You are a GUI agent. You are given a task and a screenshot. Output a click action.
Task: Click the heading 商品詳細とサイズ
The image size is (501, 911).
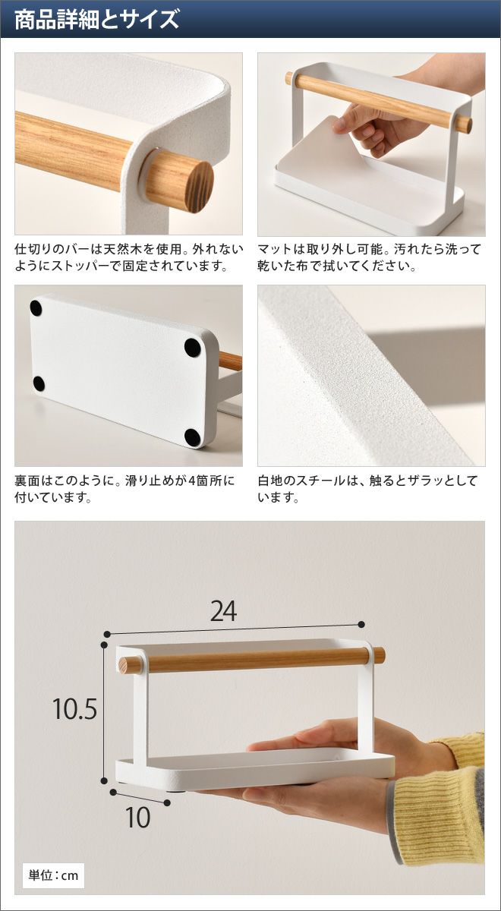(x=96, y=19)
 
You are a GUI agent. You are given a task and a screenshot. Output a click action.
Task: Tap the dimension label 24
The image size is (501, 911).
(x=223, y=611)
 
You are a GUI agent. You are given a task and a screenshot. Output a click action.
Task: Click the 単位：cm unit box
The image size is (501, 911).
(x=53, y=875)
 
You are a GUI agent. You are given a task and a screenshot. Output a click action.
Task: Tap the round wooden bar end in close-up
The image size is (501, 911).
(x=199, y=187)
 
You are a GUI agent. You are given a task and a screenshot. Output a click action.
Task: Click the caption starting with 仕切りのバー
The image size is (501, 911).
(x=129, y=257)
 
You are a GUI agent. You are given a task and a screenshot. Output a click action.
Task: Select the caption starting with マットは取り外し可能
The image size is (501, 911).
(x=369, y=257)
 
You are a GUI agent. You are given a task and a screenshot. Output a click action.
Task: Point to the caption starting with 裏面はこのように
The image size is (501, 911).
(x=124, y=489)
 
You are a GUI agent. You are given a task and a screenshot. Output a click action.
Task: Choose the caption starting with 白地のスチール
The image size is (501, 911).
(x=367, y=489)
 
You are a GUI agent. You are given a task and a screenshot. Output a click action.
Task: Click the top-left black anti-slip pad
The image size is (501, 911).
(x=36, y=308)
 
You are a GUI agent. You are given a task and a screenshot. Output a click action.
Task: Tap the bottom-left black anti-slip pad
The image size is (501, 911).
(x=39, y=383)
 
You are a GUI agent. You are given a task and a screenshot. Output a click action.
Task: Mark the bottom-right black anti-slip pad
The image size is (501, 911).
(x=192, y=437)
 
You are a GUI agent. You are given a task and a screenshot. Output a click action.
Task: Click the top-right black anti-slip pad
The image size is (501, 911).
(x=193, y=348)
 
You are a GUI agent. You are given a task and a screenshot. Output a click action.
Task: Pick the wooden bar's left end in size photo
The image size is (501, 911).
(x=124, y=665)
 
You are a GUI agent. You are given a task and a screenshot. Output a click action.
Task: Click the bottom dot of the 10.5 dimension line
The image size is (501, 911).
(x=104, y=780)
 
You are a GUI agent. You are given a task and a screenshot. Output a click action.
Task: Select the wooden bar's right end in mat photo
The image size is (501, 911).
(x=468, y=125)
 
